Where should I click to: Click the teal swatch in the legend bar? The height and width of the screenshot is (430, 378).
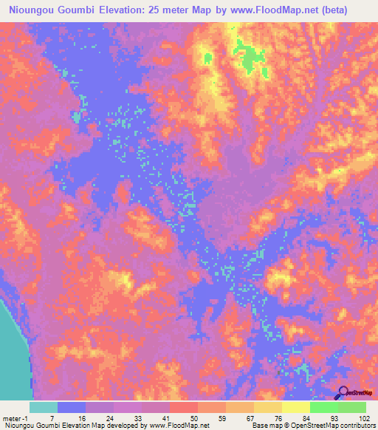(44, 407)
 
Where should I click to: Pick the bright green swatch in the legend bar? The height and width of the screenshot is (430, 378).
(324, 407)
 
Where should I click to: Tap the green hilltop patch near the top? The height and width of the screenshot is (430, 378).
(251, 55)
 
